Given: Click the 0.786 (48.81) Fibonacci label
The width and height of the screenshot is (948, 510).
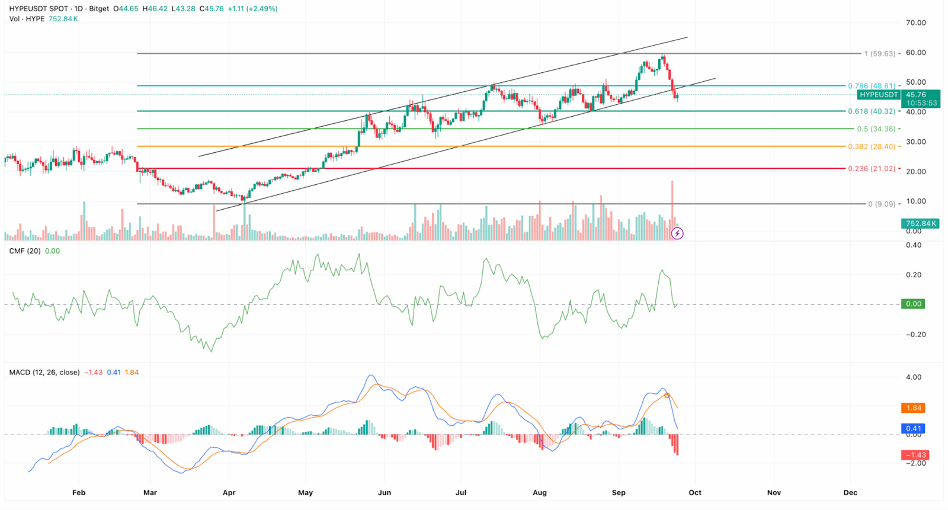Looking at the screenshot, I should [872, 86].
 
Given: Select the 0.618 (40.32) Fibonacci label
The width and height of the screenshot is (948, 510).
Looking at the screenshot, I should [872, 111].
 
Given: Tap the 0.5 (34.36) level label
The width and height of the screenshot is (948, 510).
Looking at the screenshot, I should [876, 129].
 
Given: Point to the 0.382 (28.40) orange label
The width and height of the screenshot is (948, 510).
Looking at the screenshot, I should [872, 147].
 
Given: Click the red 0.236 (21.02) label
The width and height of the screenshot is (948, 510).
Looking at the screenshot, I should [872, 169].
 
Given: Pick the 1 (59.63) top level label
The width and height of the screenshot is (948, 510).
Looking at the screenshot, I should [879, 54].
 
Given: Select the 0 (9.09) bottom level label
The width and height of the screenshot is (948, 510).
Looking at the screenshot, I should [882, 204].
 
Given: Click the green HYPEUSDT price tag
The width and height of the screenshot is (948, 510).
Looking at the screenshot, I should [879, 95].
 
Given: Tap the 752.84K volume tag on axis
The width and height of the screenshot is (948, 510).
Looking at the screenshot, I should [920, 223].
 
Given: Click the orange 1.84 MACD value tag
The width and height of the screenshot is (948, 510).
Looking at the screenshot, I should [914, 408].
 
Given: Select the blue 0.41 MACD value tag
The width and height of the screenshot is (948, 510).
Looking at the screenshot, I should [914, 428].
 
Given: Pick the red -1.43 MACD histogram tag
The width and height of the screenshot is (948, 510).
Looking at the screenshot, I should [915, 455].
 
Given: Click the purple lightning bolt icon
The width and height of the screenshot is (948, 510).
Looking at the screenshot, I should [677, 233].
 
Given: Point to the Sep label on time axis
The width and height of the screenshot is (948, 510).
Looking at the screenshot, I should [619, 493].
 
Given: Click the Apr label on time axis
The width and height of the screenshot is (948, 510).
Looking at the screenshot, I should [229, 493].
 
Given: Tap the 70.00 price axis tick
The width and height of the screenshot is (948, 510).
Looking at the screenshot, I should [915, 23].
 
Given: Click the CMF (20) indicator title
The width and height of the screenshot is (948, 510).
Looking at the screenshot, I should [25, 251].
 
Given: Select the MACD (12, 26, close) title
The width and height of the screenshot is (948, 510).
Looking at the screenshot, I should [44, 373].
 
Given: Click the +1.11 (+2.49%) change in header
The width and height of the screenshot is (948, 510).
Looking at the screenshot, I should [252, 9].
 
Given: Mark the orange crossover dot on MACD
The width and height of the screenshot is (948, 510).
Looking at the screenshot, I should [667, 395].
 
